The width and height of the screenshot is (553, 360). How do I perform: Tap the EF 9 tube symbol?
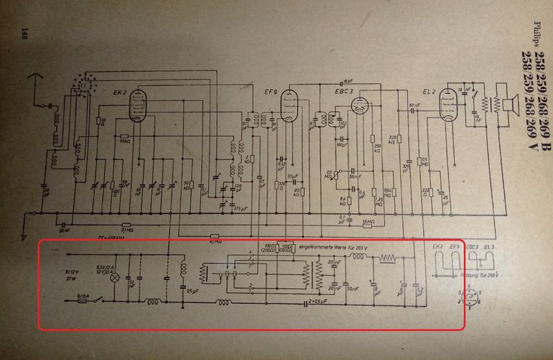[x=289, y=107]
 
